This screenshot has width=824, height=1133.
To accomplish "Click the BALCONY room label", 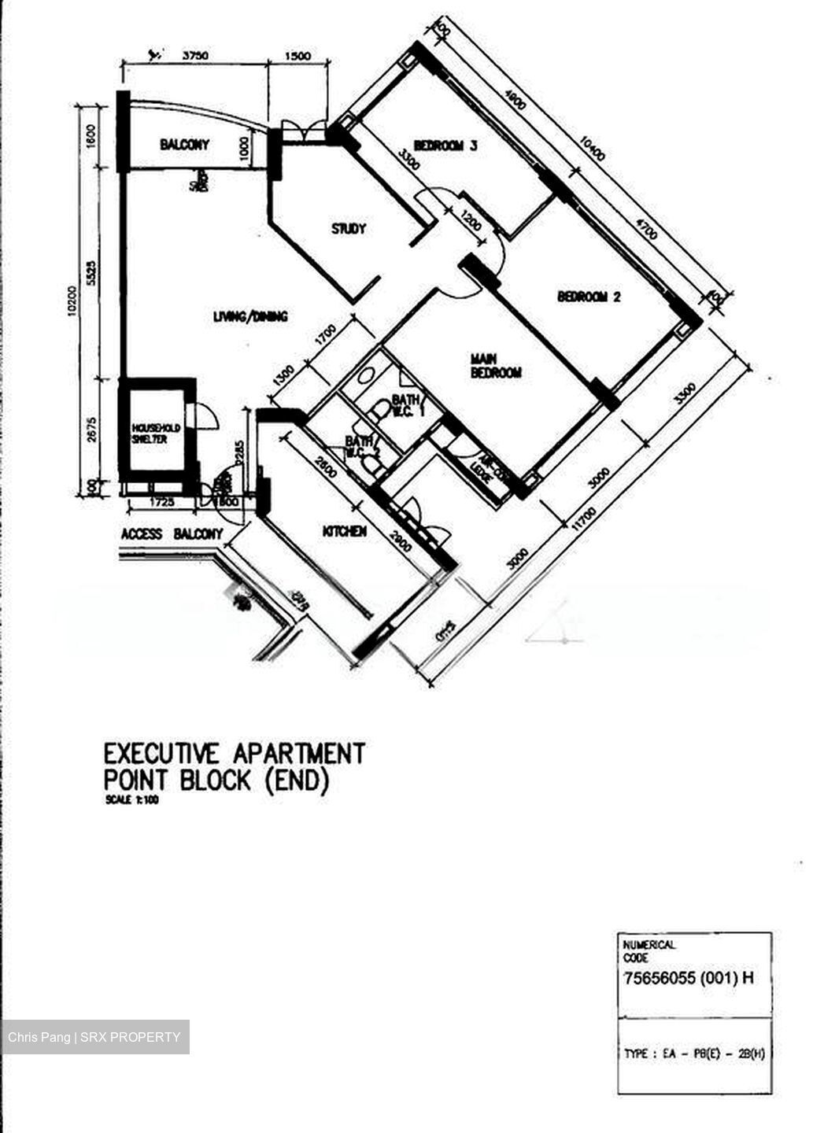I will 185,145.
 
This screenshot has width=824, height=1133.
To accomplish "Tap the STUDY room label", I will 348,229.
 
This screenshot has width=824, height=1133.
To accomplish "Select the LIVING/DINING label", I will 250,316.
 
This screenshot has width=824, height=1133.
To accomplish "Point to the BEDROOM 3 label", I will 445,146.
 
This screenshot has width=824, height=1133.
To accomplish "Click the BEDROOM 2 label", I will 589,297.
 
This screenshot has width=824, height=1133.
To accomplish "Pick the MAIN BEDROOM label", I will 496,366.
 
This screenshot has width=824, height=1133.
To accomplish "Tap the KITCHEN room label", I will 345,532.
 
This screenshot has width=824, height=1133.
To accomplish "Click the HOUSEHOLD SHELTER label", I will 155,434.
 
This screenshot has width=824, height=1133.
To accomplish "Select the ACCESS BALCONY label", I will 172,534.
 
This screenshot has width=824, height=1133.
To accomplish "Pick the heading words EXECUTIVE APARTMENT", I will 235,753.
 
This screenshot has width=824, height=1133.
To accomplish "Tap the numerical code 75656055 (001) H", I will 688,979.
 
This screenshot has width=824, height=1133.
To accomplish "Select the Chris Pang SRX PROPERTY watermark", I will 94,1037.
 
